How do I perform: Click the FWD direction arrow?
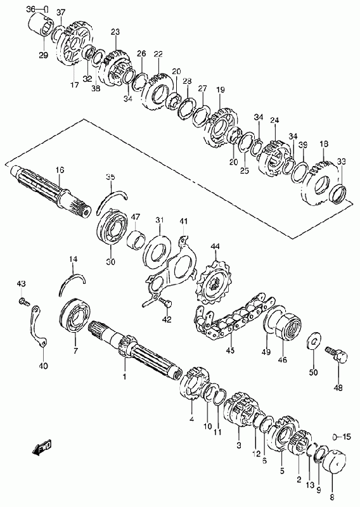(x=42, y=448)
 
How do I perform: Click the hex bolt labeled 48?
(x=337, y=354)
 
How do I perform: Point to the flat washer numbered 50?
(x=313, y=340)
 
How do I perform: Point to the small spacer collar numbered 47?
(x=135, y=240)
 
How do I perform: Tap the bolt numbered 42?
(x=165, y=304)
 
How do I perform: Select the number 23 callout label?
(x=115, y=32)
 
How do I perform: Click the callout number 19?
(x=221, y=89)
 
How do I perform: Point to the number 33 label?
(x=341, y=161)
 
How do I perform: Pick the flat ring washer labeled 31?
(x=158, y=251)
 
